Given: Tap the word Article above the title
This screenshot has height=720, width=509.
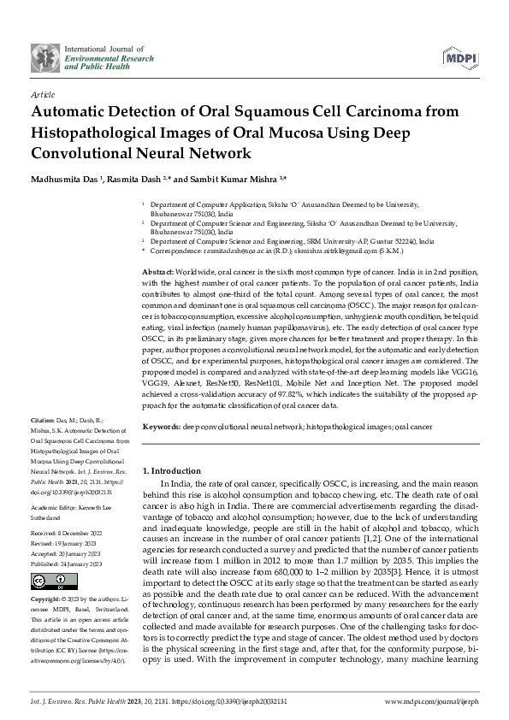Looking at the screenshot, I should coord(42,94).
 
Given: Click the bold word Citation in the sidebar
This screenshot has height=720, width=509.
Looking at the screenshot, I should coord(43,422).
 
